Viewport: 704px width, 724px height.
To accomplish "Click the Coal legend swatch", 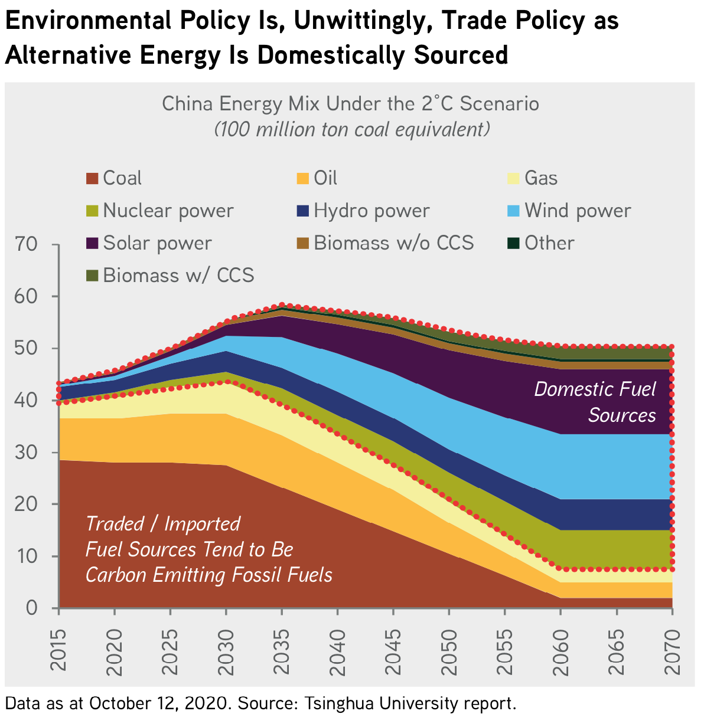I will coord(92,178).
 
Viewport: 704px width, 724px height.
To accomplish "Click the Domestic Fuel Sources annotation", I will coord(595,402).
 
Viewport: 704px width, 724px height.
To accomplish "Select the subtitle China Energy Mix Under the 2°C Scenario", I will coord(350,104).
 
